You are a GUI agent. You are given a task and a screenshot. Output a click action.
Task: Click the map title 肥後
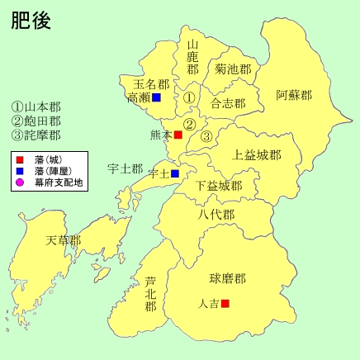tap(31, 21)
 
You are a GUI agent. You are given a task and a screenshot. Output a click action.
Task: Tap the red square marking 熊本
tap(178, 135)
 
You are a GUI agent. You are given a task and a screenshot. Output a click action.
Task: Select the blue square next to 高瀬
tap(155, 97)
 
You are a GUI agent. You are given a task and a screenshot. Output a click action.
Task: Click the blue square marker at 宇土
tap(175, 173)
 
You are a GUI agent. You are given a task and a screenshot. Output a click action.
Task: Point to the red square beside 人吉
tap(225, 303)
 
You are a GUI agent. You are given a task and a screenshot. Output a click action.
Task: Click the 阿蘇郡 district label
tap(294, 95)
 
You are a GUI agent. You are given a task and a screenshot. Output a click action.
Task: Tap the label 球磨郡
tap(227, 278)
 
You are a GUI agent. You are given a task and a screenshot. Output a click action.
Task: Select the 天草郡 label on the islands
tap(64, 240)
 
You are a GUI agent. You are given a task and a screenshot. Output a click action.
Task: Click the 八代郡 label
tap(216, 215)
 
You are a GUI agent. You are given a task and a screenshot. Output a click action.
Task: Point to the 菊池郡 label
tap(233, 69)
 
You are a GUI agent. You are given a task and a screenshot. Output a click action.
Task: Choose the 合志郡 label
tap(228, 104)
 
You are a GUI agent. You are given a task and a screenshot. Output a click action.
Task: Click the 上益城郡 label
tap(257, 154)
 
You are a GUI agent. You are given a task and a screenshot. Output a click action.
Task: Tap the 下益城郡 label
tap(218, 186)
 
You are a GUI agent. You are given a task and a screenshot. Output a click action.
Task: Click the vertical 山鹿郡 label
tap(193, 57)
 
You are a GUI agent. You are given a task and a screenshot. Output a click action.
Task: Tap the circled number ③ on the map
tap(207, 136)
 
